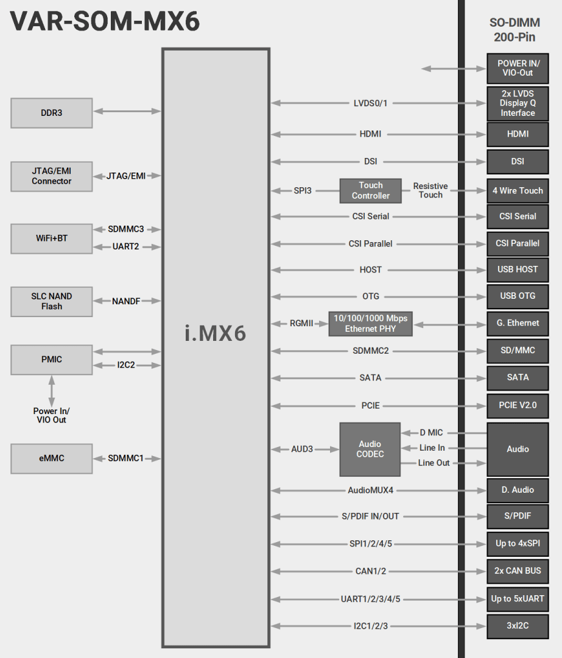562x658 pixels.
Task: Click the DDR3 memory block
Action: [x=52, y=113]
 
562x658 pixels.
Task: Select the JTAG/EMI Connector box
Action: [x=52, y=176]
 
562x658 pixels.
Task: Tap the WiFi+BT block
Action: [x=52, y=238]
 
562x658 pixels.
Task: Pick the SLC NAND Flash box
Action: [x=52, y=301]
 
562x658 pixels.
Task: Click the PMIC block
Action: [x=52, y=360]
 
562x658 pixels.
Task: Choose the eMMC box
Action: [x=52, y=459]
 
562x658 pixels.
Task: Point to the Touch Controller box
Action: [x=370, y=191]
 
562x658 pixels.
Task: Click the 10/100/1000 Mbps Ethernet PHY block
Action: [x=370, y=323]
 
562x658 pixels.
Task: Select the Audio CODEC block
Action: [x=370, y=449]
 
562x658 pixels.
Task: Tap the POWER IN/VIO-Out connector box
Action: [x=518, y=68]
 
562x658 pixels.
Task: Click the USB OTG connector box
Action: [x=518, y=296]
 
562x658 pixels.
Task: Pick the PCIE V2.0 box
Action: [x=518, y=405]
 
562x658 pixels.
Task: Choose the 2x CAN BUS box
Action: [x=518, y=571]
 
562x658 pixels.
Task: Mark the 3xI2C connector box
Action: [x=518, y=626]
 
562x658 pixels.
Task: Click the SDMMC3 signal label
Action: [x=126, y=229]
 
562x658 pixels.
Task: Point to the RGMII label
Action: [x=301, y=323]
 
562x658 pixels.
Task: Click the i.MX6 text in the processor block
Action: [x=216, y=334]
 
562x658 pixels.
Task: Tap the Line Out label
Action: [x=434, y=463]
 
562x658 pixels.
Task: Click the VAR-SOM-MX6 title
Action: [x=105, y=22]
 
